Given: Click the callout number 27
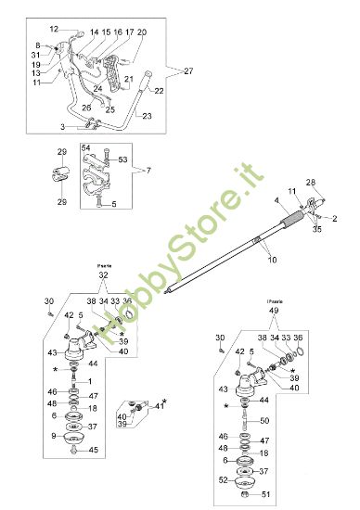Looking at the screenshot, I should click(x=188, y=70).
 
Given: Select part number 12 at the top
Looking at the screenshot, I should click(x=54, y=30).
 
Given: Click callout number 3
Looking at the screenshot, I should click(x=62, y=125).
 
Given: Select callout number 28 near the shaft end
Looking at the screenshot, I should click(x=310, y=182).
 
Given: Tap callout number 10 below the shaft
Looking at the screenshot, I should click(x=271, y=262).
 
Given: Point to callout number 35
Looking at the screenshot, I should click(x=317, y=226).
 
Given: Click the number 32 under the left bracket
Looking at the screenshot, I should click(x=103, y=275).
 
